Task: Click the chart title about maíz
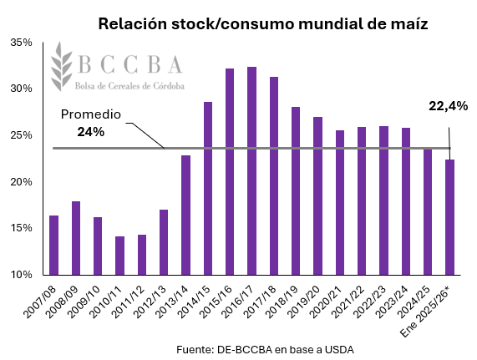click(262, 24)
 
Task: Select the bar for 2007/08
click(54, 245)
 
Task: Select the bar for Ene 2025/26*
click(449, 217)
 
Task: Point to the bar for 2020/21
click(339, 202)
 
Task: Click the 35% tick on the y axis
click(22, 42)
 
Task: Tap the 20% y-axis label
click(22, 181)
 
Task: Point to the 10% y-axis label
click(22, 274)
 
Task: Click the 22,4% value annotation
click(448, 105)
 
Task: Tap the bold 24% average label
click(90, 131)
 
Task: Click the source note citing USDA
click(265, 348)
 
